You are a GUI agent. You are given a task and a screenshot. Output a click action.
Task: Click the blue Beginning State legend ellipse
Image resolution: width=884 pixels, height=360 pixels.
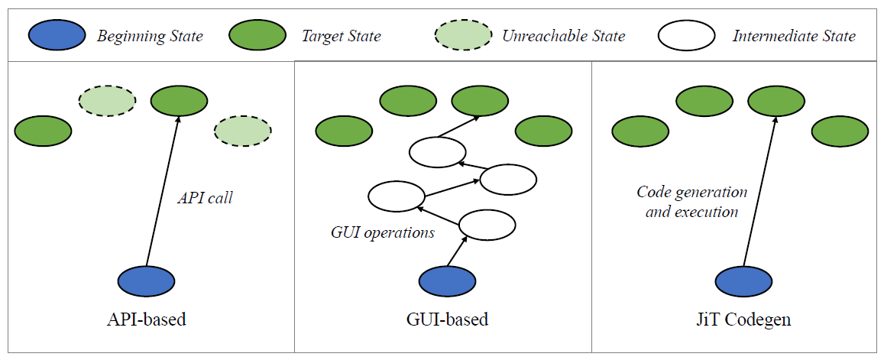57,35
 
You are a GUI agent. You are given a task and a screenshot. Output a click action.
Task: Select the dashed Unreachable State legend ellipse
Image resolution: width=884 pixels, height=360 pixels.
462,35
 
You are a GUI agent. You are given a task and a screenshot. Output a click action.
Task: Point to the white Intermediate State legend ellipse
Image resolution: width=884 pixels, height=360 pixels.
685,35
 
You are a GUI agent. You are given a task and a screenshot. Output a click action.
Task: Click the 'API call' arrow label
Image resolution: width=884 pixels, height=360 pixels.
205,198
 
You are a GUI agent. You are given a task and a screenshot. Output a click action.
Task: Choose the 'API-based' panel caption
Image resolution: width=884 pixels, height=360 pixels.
146,319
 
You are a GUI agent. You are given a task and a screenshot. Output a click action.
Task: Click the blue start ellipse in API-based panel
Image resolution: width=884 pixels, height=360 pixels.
146,281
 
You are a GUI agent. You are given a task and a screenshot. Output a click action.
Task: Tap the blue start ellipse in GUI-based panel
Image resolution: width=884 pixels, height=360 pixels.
448,281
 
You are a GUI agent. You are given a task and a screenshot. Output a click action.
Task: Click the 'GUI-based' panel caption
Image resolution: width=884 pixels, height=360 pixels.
448,319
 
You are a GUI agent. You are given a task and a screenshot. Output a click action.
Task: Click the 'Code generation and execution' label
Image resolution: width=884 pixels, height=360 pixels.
692,202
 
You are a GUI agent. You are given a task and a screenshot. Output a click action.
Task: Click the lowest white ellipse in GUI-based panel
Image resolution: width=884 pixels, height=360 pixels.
487,225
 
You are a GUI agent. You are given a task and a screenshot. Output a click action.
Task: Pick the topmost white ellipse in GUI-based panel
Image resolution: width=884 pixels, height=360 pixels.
437,151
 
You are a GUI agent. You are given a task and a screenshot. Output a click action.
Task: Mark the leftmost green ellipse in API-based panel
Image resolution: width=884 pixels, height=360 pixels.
43,131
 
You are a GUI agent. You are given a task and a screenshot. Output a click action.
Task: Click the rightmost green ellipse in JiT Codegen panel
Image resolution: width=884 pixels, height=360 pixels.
840,131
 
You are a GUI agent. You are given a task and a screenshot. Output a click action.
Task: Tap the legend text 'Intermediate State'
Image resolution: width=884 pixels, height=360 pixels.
794,36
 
